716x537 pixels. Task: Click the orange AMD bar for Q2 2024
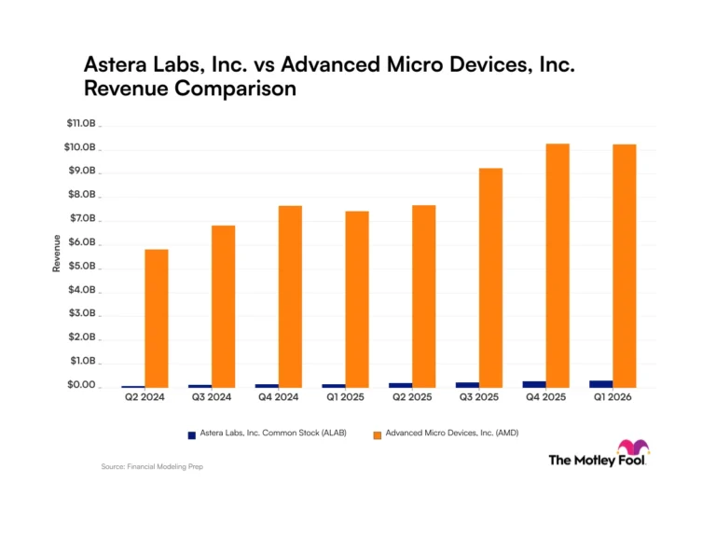[x=157, y=319]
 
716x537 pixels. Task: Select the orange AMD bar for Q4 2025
[x=558, y=266]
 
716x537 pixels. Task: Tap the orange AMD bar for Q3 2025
[x=491, y=278]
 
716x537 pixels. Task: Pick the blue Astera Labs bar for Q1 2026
[x=601, y=384]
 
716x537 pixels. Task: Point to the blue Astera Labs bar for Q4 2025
[x=534, y=385]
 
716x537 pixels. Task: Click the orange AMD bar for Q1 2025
[x=357, y=299]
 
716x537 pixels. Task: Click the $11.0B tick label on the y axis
[x=81, y=123]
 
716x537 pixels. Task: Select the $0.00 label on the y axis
[x=81, y=384]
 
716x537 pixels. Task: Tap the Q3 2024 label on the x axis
[x=212, y=397]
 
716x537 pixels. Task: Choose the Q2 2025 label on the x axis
[x=412, y=397]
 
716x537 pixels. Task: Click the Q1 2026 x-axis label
[x=613, y=397]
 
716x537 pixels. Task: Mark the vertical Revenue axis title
[x=57, y=254]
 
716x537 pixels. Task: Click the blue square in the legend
[x=192, y=435]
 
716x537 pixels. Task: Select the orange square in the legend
[x=378, y=435]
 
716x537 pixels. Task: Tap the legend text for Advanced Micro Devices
[x=452, y=433]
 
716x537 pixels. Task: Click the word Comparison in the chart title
[x=236, y=89]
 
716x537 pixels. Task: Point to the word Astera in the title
[x=116, y=64]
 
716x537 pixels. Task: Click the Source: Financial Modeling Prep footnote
[x=152, y=467]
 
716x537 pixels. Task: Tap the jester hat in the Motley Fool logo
[x=633, y=447]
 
